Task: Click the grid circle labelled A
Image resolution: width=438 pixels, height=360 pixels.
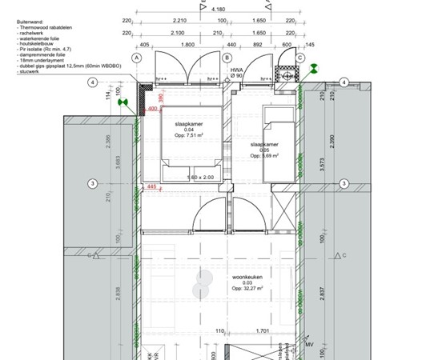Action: point(137,58)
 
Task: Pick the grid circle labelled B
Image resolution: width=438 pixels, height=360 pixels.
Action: point(227,58)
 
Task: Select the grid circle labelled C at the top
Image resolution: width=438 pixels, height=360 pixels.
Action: point(300,58)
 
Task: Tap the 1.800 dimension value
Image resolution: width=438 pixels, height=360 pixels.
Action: point(187,45)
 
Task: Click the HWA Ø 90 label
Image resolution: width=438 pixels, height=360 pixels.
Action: point(236,71)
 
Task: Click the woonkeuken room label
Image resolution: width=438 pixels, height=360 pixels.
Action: point(242,277)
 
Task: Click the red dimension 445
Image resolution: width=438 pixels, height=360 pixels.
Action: point(152,187)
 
